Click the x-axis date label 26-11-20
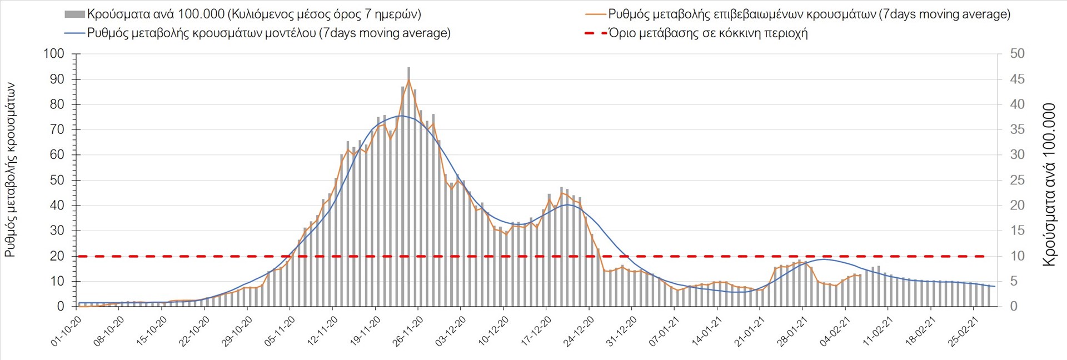(408, 332)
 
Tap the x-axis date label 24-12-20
(579, 332)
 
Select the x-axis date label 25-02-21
(964, 332)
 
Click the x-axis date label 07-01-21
(665, 332)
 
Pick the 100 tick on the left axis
(53, 54)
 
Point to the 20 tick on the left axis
(57, 256)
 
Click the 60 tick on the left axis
(57, 155)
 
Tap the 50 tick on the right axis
(1017, 54)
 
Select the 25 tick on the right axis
(1017, 180)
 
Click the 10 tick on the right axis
(1017, 256)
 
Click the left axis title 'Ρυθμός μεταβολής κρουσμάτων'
(10, 169)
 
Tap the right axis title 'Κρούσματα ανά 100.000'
(1049, 184)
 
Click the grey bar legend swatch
(74, 14)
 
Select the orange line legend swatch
(595, 14)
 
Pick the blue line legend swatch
(74, 33)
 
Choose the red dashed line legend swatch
(595, 33)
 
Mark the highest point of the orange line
(408, 81)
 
